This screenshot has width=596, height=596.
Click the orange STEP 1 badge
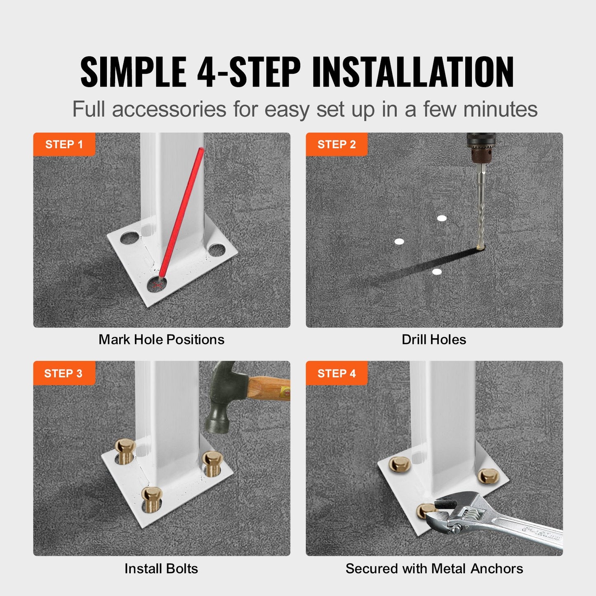coord(64,144)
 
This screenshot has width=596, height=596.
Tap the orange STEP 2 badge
coord(336,144)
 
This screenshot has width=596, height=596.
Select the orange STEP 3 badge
coord(64,373)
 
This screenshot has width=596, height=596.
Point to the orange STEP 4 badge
coord(336,373)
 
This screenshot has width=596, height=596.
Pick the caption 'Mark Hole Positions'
coord(161,339)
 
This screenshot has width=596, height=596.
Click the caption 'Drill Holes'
coord(434,339)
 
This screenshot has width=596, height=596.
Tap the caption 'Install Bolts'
coord(161,568)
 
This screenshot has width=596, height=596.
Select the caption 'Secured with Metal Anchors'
coord(434,568)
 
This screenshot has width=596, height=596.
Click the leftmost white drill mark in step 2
coord(399,241)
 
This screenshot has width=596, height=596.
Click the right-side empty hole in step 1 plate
coord(216,250)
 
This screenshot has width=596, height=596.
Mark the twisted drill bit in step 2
coord(481,214)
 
